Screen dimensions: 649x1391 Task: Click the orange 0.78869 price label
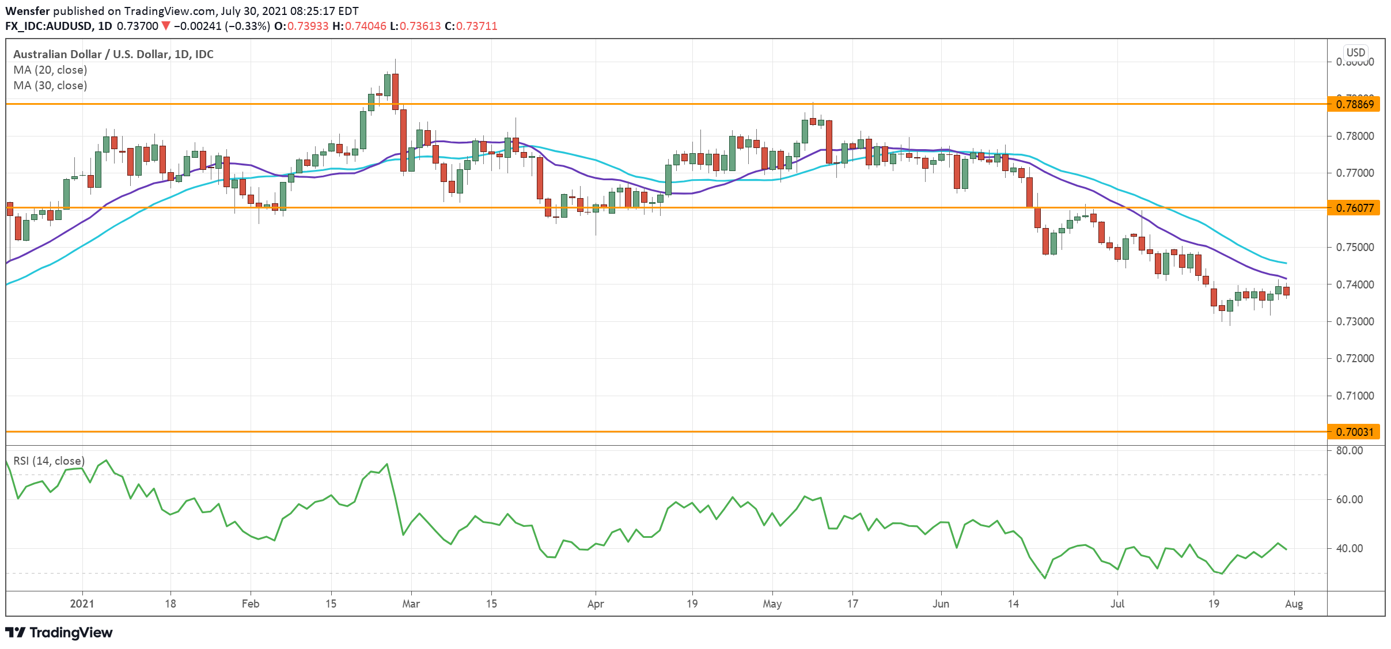pyautogui.click(x=1354, y=104)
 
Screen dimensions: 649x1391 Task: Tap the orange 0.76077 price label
pyautogui.click(x=1354, y=208)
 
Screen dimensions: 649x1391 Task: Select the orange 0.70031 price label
pyautogui.click(x=1354, y=432)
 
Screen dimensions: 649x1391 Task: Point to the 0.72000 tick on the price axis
pyautogui.click(x=1354, y=358)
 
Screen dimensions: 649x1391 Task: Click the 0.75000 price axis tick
pyautogui.click(x=1354, y=247)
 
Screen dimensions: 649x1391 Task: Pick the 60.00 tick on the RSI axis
pyautogui.click(x=1349, y=499)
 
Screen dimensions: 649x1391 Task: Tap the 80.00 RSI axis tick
pyautogui.click(x=1349, y=450)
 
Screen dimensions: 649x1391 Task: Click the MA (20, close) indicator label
pyautogui.click(x=50, y=70)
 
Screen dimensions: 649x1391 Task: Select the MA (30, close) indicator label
pyautogui.click(x=50, y=85)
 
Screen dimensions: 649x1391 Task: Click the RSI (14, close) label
pyautogui.click(x=49, y=461)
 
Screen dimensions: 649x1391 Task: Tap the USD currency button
pyautogui.click(x=1356, y=52)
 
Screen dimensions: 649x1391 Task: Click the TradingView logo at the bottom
pyautogui.click(x=59, y=632)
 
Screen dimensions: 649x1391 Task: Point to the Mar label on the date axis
pyautogui.click(x=411, y=604)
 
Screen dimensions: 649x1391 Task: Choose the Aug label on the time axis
pyautogui.click(x=1294, y=604)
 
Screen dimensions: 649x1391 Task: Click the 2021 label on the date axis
pyautogui.click(x=82, y=604)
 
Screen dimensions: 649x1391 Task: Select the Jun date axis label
pyautogui.click(x=941, y=604)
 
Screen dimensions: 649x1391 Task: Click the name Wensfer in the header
pyautogui.click(x=27, y=11)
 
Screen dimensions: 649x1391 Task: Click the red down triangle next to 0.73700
pyautogui.click(x=166, y=26)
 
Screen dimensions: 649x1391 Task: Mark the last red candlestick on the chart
pyautogui.click(x=1286, y=291)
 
